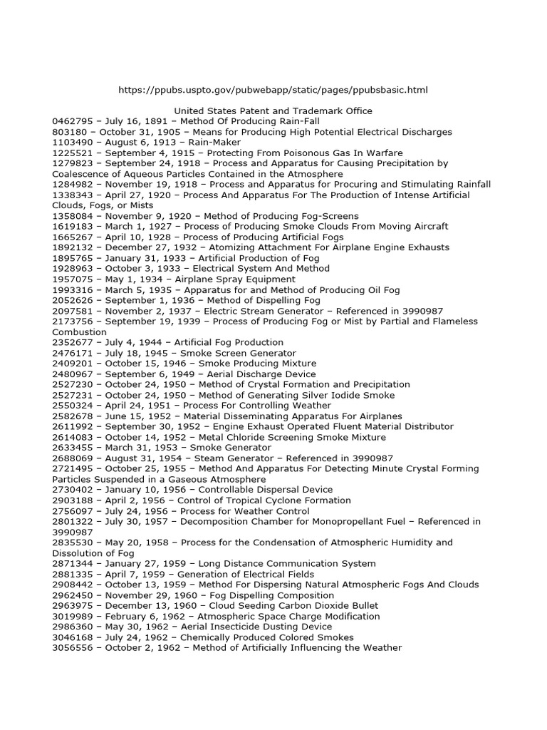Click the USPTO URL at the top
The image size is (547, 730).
click(273, 90)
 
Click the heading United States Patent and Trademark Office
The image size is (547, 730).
click(273, 111)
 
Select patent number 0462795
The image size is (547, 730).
click(73, 121)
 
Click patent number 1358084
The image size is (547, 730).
click(73, 216)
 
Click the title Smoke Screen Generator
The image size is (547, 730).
click(238, 353)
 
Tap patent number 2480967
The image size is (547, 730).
click(73, 374)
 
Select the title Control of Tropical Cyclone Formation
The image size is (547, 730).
click(266, 500)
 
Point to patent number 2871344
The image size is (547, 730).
click(73, 563)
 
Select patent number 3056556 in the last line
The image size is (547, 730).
click(73, 648)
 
